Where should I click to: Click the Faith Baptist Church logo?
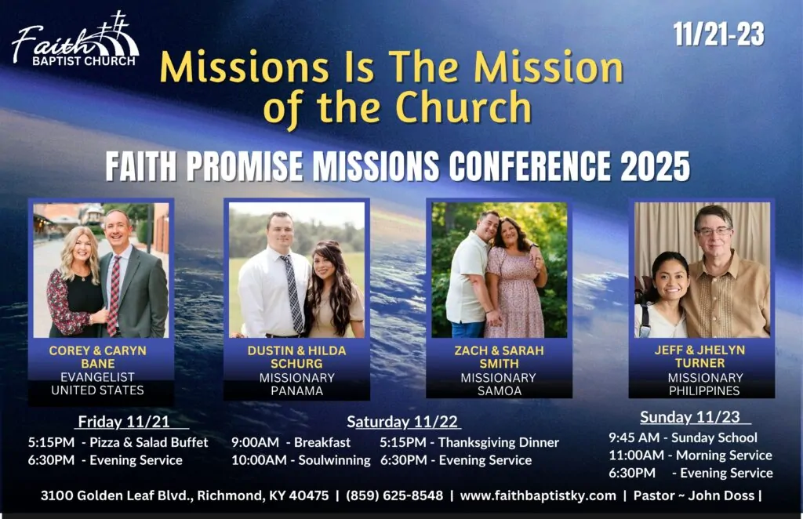(x=75, y=39)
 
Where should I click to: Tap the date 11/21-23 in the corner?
(x=718, y=34)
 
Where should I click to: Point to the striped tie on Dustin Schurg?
(x=293, y=294)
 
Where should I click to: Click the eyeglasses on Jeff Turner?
(x=714, y=231)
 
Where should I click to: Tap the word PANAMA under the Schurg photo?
(x=296, y=391)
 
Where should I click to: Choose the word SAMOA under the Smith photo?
(x=500, y=391)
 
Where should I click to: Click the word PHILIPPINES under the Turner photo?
(x=704, y=390)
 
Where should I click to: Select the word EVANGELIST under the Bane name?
(x=97, y=377)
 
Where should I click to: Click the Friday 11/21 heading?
(x=123, y=422)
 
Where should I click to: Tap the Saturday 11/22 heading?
(x=402, y=422)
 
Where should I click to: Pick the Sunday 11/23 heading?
(x=690, y=417)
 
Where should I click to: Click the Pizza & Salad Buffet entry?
(x=149, y=442)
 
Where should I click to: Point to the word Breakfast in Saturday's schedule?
(x=322, y=442)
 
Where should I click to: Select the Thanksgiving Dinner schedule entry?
(x=498, y=442)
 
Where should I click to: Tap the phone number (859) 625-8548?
(x=394, y=495)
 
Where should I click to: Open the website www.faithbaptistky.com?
(x=538, y=495)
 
